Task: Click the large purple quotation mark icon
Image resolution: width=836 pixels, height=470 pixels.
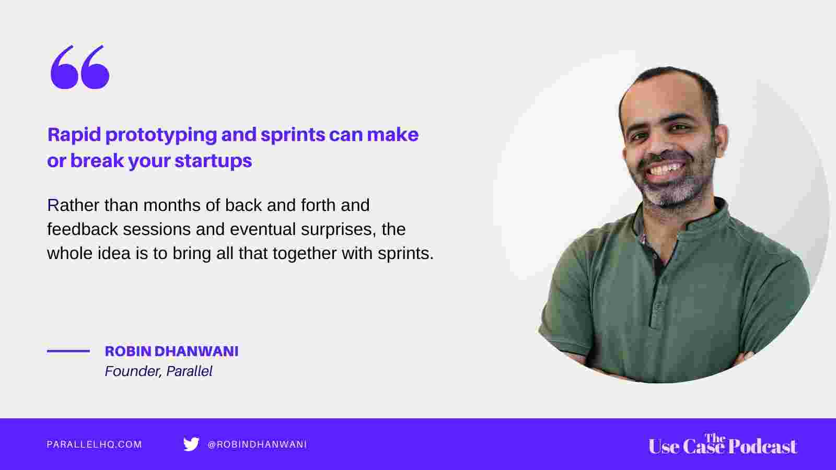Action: (80, 67)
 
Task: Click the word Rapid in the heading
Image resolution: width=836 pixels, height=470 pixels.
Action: (74, 135)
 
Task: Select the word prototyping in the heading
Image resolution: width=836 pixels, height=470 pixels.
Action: (161, 136)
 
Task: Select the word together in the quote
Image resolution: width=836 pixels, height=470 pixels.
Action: (305, 254)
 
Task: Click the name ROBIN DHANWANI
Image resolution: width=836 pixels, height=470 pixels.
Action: (172, 351)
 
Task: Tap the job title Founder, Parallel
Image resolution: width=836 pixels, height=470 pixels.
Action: (159, 371)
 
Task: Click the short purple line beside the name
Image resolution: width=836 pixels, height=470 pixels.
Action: (68, 351)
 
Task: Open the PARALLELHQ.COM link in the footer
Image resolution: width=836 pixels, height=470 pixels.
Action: (95, 444)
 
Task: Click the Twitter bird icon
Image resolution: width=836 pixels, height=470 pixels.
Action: (191, 444)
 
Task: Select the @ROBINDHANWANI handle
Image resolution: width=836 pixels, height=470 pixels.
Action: (257, 444)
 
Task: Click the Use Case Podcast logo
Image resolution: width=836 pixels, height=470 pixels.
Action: (723, 444)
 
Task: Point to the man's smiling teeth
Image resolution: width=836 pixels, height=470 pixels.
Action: (668, 169)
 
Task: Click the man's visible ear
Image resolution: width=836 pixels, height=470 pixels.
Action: (721, 141)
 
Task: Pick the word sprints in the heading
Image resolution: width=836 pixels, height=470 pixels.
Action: (293, 136)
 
